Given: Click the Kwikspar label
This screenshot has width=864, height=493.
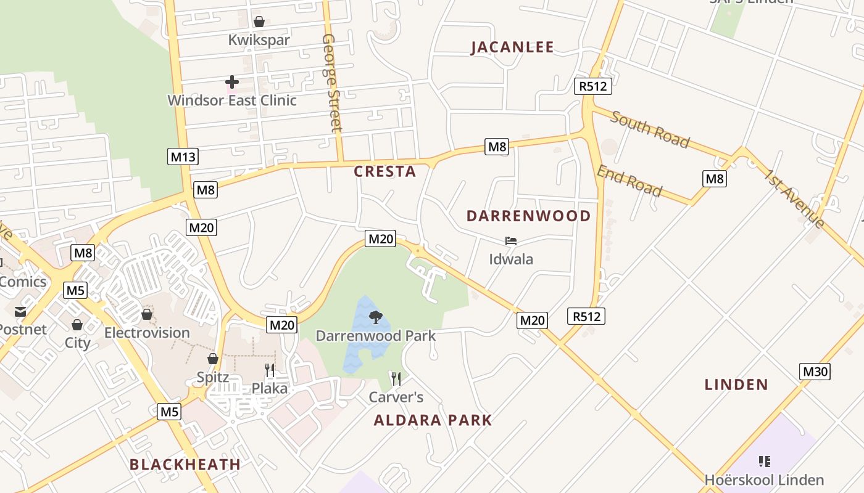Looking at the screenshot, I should (259, 40).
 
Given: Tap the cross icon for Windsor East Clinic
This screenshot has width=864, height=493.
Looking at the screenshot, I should (232, 81).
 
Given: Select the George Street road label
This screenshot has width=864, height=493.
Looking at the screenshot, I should (331, 83).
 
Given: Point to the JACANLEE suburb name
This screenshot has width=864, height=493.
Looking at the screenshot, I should (512, 47).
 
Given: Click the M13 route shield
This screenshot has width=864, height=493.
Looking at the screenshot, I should (183, 157).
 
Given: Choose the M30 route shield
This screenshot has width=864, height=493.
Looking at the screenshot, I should (815, 372).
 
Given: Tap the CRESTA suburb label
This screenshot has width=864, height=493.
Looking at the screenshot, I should (385, 172).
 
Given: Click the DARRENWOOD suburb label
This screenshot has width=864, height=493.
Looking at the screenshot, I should (529, 216).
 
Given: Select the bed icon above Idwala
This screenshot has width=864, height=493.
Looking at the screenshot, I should (511, 241).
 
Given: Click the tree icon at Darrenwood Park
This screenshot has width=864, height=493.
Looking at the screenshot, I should (375, 317).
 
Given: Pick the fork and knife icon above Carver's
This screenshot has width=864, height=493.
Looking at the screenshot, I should (396, 378).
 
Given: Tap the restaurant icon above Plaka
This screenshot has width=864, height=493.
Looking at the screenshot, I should (270, 370).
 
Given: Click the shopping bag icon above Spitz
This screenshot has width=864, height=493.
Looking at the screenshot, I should (213, 359).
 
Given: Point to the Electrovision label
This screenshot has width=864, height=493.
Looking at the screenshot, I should (147, 333).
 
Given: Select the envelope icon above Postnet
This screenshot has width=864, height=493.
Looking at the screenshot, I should (20, 312).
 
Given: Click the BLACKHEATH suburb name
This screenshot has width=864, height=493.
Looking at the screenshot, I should (185, 465).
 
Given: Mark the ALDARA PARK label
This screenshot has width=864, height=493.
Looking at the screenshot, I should (433, 420).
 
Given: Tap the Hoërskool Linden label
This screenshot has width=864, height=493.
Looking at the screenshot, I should (764, 479).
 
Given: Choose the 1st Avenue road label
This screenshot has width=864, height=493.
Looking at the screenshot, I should (794, 198).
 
